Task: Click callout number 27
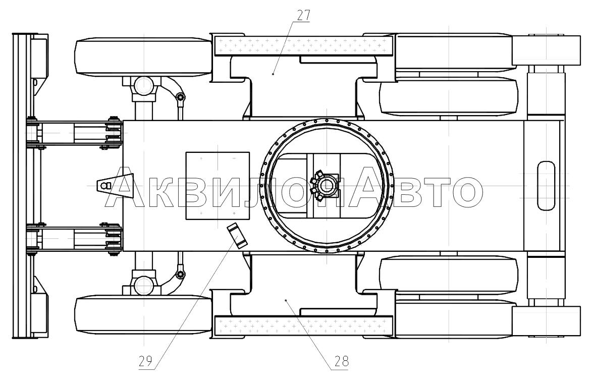(x=303, y=16)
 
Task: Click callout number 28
(x=341, y=361)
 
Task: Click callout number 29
(x=145, y=361)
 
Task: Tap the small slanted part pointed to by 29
(x=236, y=236)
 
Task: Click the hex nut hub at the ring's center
(x=326, y=186)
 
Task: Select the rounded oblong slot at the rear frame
(x=546, y=185)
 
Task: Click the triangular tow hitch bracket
(x=116, y=185)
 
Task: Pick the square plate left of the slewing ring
(x=218, y=186)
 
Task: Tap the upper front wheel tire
(x=143, y=56)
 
